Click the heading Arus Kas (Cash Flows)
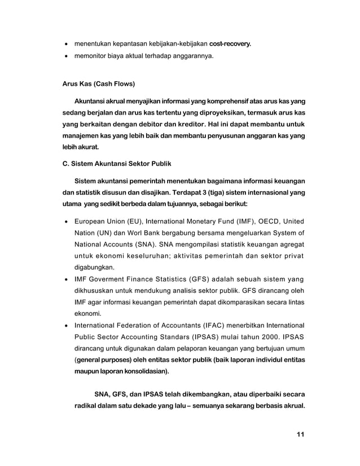98,85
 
